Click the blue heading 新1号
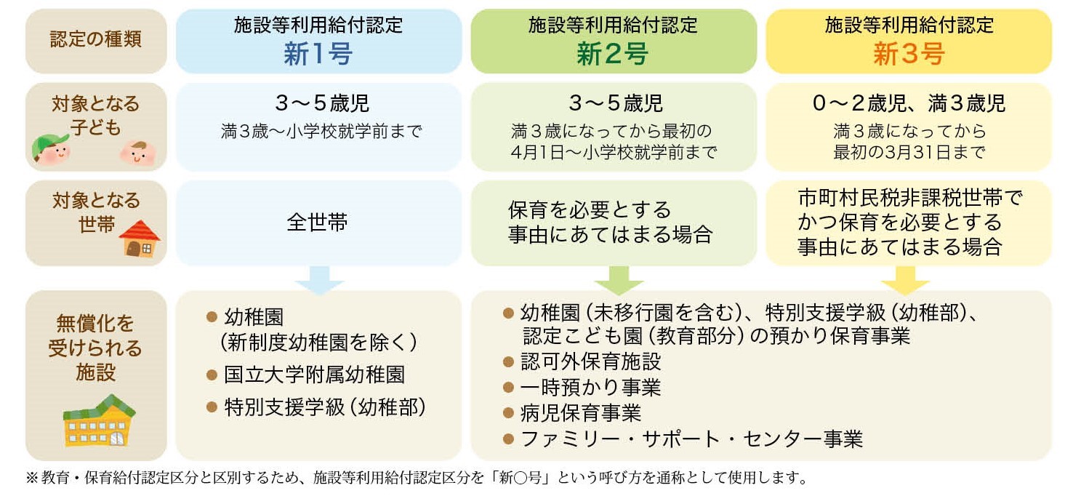pos(318,54)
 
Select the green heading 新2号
pos(612,54)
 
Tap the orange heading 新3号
pos(909,54)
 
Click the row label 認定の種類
pos(95,39)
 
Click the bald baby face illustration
pos(138,153)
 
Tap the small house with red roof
pos(140,239)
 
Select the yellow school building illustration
pos(99,420)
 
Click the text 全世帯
pos(317,222)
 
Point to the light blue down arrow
pos(319,280)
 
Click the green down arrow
pos(619,280)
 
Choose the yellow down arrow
pos(905,280)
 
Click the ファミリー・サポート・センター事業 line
pos(683,439)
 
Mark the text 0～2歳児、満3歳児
pos(909,103)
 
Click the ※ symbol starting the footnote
pos(32,478)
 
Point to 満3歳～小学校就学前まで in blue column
pos(321,132)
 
